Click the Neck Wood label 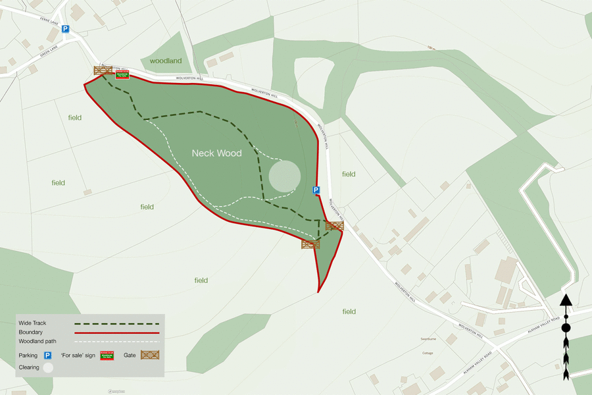216,153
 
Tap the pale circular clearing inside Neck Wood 285,176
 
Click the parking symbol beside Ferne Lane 65,29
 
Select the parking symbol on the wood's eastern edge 316,190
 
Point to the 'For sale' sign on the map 122,74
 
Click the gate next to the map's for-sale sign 103,70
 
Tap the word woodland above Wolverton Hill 165,61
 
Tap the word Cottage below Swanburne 428,353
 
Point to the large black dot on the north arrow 566,328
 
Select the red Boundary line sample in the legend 117,332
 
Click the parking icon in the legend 47,355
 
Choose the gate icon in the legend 151,355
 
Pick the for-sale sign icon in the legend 107,355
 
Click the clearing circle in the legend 47,368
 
